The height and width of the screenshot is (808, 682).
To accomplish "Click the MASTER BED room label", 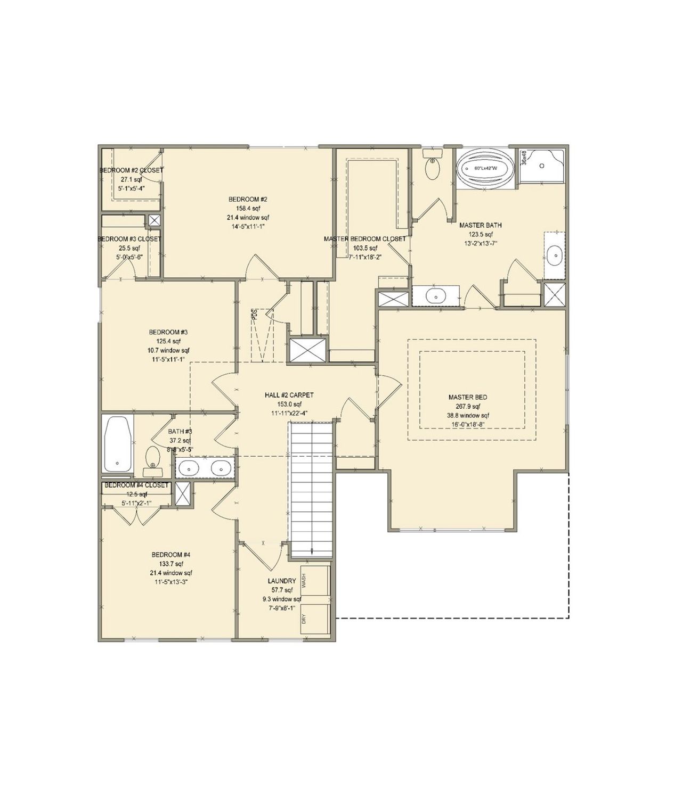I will click(467, 397).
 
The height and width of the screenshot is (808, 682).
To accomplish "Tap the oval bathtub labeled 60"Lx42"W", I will click(485, 168).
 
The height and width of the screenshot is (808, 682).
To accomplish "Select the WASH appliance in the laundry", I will click(314, 581).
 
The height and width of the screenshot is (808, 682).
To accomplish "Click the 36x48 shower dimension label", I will click(524, 158).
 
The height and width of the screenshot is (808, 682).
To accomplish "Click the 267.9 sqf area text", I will click(467, 406).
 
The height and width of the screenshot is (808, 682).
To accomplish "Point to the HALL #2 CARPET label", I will click(289, 395).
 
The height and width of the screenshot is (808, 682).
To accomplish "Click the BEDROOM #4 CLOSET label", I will click(136, 485).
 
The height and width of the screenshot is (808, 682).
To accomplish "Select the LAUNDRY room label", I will click(282, 581).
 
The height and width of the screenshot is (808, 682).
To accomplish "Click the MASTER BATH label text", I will click(480, 225).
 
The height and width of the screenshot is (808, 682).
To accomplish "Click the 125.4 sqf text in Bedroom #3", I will click(168, 341).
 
